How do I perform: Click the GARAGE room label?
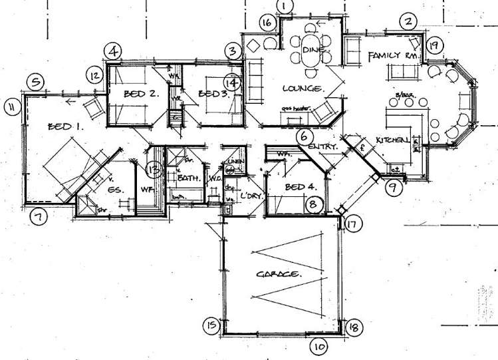278,273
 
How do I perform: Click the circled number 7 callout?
39,216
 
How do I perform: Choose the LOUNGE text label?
302,89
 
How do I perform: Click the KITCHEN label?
392,140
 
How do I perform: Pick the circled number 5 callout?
36,83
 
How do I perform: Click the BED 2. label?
140,94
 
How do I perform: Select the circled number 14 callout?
231,83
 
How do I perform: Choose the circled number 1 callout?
285,7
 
